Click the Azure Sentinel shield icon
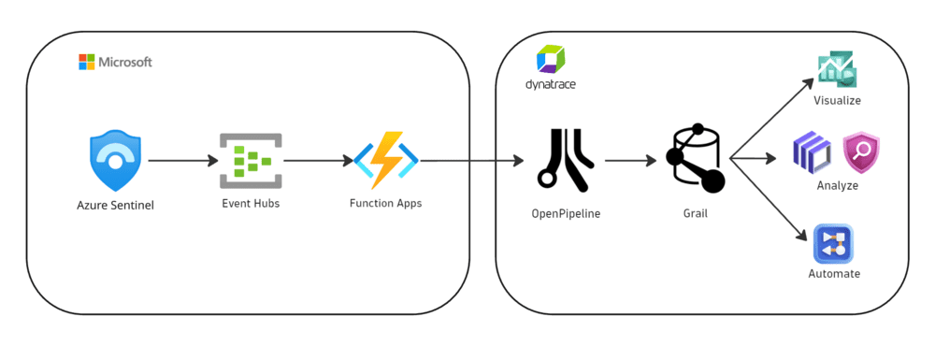(115, 161)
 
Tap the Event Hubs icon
(250, 161)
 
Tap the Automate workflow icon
(833, 245)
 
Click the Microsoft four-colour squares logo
(87, 62)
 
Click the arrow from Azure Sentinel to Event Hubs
(182, 161)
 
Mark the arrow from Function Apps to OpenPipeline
(472, 161)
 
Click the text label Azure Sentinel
(115, 205)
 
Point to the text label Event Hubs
(250, 203)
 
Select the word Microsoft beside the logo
(125, 62)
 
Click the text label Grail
(696, 213)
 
